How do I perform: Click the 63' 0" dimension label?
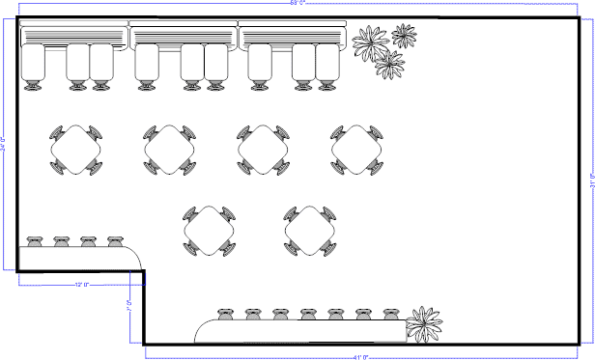(x=298, y=4)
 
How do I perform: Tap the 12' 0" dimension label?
(x=81, y=285)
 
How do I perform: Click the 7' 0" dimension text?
(x=128, y=307)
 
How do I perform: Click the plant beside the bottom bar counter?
(x=423, y=323)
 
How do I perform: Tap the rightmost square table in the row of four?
(x=356, y=150)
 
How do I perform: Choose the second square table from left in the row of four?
(x=170, y=150)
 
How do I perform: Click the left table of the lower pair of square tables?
(x=210, y=230)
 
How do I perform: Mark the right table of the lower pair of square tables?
(x=310, y=231)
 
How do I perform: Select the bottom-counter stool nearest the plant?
(x=391, y=315)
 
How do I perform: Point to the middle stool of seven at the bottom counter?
(x=308, y=315)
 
